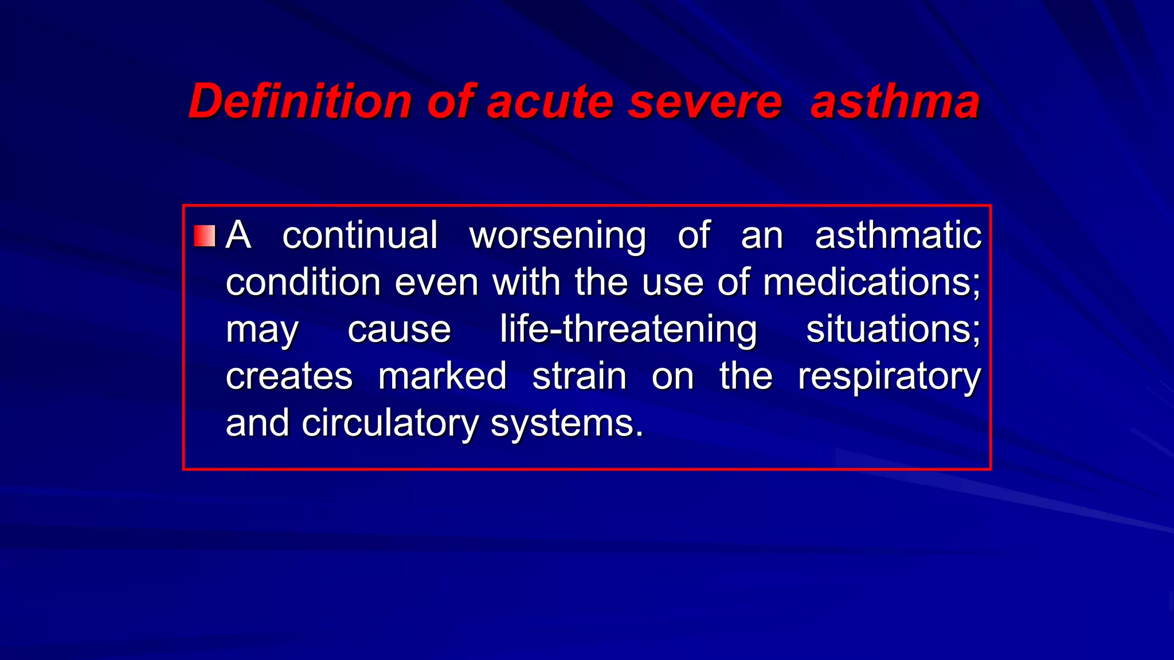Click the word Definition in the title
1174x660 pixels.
point(300,101)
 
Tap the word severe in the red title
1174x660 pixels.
point(705,101)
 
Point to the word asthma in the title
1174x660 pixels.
point(895,101)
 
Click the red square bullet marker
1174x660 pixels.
point(205,235)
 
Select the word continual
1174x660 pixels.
point(360,235)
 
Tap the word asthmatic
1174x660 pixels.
point(898,235)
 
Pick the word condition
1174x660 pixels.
point(303,282)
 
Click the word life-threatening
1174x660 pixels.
point(628,330)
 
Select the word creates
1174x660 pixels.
point(289,376)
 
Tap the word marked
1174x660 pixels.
point(442,376)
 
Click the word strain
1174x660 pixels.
point(580,376)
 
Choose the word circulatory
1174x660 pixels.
point(390,424)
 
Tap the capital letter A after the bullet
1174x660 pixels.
point(238,235)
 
